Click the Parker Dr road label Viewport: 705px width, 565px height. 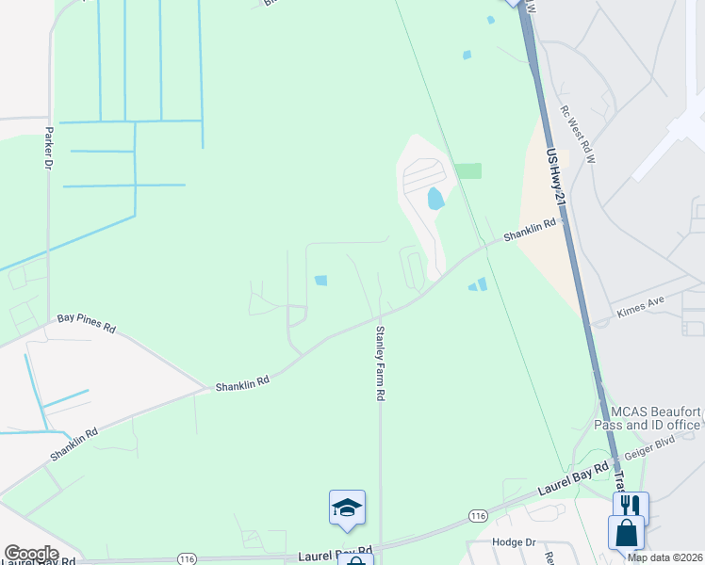(47, 148)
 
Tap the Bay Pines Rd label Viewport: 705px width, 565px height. (86, 323)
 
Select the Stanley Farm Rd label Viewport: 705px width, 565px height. (380, 364)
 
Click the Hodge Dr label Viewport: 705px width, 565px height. (514, 542)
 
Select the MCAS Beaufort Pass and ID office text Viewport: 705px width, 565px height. (655, 418)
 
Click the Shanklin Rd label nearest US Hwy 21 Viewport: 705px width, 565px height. (530, 230)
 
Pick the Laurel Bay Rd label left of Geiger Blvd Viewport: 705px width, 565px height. (574, 479)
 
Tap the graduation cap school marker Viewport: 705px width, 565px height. (347, 508)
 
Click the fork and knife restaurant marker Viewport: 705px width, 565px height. (631, 507)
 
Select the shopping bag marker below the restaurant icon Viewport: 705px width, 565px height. (626, 533)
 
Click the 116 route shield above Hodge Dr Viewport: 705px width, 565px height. (478, 515)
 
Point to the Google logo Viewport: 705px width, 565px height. (30, 554)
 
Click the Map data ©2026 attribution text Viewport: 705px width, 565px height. (665, 557)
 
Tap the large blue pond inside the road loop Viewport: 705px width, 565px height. (435, 199)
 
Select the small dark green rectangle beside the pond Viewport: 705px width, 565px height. (467, 170)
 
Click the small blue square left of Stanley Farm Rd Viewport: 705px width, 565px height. (320, 281)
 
